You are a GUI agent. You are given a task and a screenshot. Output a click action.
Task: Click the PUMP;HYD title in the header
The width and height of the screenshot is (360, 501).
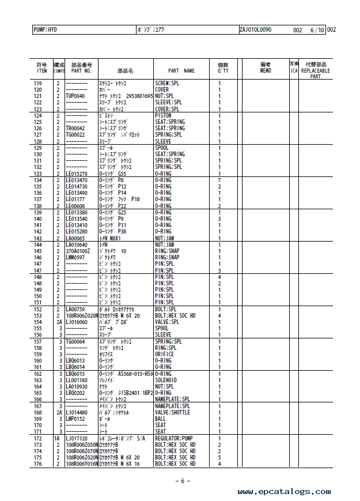click(x=46, y=29)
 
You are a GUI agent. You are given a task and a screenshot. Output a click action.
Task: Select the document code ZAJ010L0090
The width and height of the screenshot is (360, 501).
click(x=255, y=29)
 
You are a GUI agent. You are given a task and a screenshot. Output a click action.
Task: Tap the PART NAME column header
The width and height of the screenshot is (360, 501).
click(x=181, y=71)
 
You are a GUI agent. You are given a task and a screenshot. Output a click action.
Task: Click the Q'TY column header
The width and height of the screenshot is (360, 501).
click(x=222, y=68)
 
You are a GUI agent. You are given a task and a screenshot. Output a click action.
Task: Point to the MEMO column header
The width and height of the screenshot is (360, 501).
click(x=265, y=68)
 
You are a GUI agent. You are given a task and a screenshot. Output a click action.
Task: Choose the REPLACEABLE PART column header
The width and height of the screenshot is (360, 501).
click(x=316, y=71)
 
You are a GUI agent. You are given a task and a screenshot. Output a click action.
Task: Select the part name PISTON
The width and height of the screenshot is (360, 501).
click(x=164, y=115)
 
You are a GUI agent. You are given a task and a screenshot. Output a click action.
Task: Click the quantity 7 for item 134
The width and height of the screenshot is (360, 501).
click(x=219, y=180)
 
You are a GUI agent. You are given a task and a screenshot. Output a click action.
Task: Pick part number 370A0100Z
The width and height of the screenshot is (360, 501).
click(x=78, y=251)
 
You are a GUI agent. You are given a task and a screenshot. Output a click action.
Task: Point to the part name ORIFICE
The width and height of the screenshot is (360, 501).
click(x=166, y=354)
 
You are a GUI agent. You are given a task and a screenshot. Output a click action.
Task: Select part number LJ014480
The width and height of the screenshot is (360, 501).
click(x=77, y=412)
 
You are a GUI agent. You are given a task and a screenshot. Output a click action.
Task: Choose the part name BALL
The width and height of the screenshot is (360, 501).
click(x=161, y=419)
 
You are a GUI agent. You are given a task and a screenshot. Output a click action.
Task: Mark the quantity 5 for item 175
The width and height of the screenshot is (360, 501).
click(x=219, y=458)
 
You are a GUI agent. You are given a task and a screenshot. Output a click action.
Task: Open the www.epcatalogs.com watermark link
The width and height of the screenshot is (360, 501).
click(x=285, y=491)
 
